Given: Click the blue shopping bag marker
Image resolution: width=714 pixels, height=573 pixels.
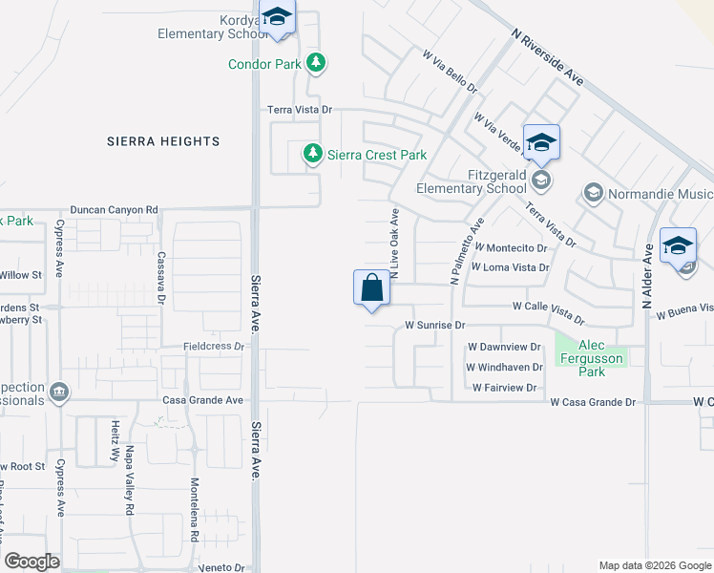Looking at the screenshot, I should pyautogui.click(x=371, y=287).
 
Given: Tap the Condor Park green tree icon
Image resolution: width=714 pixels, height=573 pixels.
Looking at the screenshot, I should pyautogui.click(x=317, y=64).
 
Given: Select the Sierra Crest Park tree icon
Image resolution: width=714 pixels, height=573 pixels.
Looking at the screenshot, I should pyautogui.click(x=312, y=154).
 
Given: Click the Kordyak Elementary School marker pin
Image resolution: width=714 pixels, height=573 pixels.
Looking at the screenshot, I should pyautogui.click(x=278, y=18).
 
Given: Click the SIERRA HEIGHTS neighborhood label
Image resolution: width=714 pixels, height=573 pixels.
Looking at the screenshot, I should pyautogui.click(x=164, y=141).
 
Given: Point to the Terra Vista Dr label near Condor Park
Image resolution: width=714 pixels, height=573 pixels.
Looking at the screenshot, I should pyautogui.click(x=299, y=111).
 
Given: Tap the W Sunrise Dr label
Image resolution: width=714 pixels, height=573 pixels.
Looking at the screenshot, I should pyautogui.click(x=434, y=325).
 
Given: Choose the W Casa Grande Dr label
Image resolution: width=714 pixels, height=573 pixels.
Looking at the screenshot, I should pyautogui.click(x=593, y=403).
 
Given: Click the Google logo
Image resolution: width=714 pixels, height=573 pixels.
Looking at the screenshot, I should pyautogui.click(x=32, y=562).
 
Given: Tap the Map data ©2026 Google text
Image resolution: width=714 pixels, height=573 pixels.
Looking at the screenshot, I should pyautogui.click(x=655, y=565).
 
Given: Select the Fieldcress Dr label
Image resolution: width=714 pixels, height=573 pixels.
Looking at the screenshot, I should pyautogui.click(x=215, y=346).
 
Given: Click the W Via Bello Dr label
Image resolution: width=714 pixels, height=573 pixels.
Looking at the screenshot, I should pyautogui.click(x=450, y=72).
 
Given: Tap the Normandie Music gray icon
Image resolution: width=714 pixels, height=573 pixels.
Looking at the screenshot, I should pyautogui.click(x=592, y=194).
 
